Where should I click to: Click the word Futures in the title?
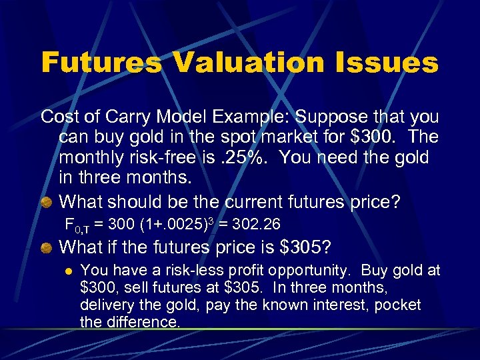point(101,63)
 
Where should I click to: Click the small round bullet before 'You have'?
point(67,271)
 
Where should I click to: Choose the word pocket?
point(396,305)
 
